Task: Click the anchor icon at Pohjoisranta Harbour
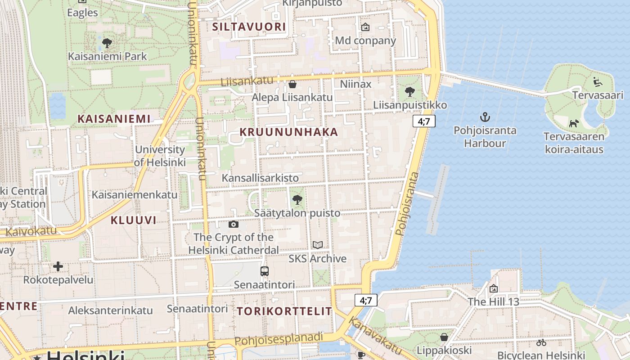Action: [485, 117]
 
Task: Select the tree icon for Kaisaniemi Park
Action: [107, 43]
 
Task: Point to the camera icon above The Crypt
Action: [234, 224]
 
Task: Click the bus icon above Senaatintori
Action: [265, 271]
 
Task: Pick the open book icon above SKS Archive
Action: [318, 245]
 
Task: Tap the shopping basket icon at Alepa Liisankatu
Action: [292, 84]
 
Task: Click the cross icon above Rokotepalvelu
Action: [58, 266]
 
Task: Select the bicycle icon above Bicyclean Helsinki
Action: [541, 342]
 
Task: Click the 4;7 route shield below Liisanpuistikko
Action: [424, 121]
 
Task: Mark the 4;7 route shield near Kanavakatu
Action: [366, 300]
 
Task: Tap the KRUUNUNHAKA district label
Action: [288, 132]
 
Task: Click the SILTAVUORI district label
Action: [249, 27]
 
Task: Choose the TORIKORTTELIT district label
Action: [284, 311]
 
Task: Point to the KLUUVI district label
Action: [133, 220]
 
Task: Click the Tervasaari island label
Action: [598, 95]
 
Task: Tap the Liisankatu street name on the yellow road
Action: [247, 81]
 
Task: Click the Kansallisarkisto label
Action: [260, 178]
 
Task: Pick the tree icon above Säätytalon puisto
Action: [297, 199]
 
